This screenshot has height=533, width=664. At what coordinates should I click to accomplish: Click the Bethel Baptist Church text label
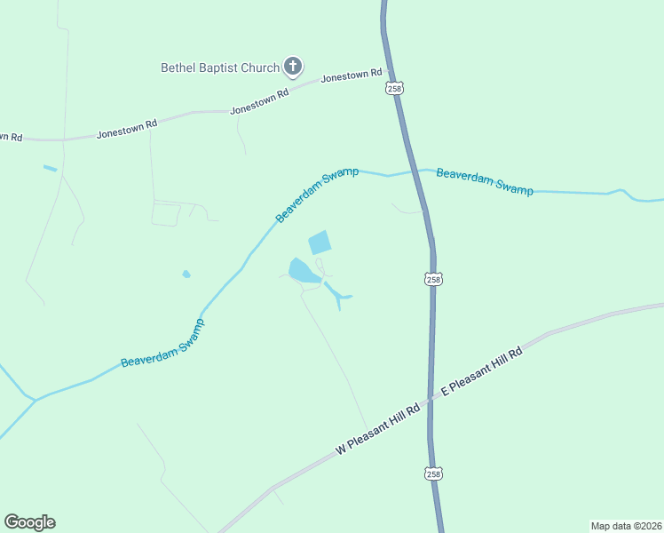(x=218, y=67)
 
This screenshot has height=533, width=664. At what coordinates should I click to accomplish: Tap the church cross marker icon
(x=292, y=66)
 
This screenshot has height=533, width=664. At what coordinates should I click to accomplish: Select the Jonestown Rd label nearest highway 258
(x=352, y=76)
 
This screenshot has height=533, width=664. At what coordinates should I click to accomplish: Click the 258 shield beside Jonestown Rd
(x=395, y=89)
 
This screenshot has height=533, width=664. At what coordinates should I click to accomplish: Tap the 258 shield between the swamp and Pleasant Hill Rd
(x=432, y=279)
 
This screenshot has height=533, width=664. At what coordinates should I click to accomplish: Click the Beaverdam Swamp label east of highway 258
(x=485, y=181)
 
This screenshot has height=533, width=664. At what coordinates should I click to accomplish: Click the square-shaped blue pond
(x=319, y=243)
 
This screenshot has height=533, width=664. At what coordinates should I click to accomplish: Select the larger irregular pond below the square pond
(x=302, y=271)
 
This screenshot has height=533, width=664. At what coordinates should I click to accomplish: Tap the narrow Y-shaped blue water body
(x=337, y=295)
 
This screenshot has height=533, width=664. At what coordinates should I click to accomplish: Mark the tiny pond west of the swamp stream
(x=186, y=274)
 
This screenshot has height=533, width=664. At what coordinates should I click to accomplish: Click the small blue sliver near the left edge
(x=50, y=168)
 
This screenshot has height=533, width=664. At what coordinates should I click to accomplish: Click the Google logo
(x=29, y=522)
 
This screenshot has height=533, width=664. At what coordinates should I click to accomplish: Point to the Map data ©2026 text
(x=625, y=525)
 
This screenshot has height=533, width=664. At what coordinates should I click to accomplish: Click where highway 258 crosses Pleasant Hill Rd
(x=431, y=400)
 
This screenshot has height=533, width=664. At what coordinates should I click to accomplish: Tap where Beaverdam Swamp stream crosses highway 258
(x=415, y=171)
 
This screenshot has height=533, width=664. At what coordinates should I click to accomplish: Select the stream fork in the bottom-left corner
(x=35, y=401)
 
